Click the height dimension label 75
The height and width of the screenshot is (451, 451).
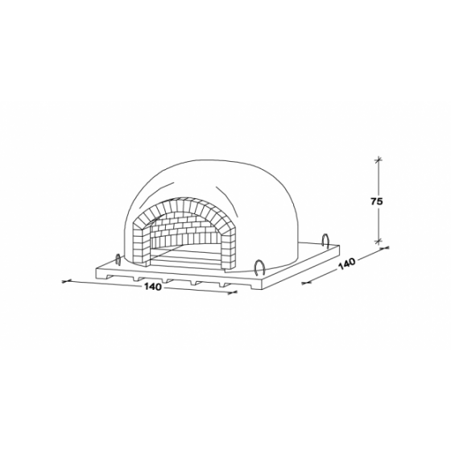click(x=376, y=201)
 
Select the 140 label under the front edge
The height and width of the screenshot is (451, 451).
click(x=153, y=287)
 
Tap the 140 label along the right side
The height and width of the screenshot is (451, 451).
click(x=347, y=264)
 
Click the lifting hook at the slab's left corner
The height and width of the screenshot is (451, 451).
click(x=118, y=259)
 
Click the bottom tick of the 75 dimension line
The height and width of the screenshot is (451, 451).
click(x=379, y=240)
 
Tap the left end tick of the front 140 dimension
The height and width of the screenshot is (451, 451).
click(x=66, y=281)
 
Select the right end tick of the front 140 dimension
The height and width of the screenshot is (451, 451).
click(x=233, y=292)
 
